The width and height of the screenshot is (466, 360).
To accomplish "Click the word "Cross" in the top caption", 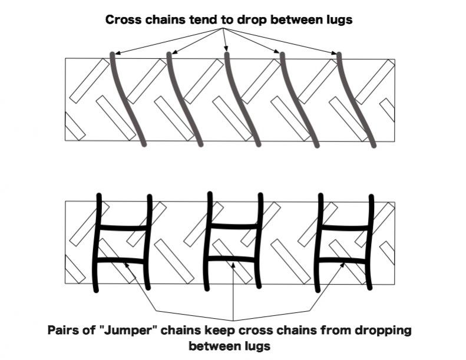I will click(x=123, y=19).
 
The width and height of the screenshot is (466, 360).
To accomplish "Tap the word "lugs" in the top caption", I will click(x=338, y=19).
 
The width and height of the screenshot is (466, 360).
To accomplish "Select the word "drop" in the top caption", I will click(x=253, y=19).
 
